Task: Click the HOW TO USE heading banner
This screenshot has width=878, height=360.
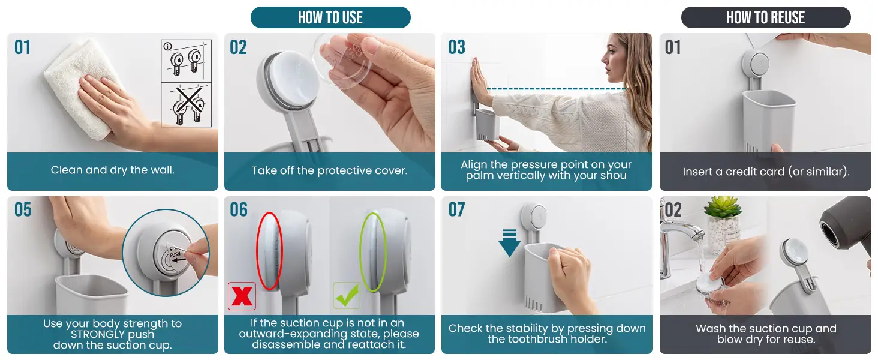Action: pyautogui.click(x=330, y=17)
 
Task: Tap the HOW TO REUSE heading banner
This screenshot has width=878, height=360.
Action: pyautogui.click(x=765, y=17)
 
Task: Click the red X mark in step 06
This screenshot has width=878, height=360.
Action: pyautogui.click(x=242, y=296)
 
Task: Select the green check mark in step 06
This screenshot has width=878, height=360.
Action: pyautogui.click(x=347, y=295)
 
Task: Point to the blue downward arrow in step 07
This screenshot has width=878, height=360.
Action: pyautogui.click(x=510, y=243)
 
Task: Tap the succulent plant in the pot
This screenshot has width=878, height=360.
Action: pyautogui.click(x=723, y=207)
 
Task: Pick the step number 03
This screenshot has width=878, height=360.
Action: pyautogui.click(x=456, y=47)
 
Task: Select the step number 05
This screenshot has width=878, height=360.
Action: pyautogui.click(x=23, y=210)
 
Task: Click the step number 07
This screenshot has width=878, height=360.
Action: pyautogui.click(x=456, y=210)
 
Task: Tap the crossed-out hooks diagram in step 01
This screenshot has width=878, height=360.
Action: pyautogui.click(x=187, y=105)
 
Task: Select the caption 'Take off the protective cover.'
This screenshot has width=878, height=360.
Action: pyautogui.click(x=330, y=170)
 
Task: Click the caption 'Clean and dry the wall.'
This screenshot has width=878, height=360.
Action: pyautogui.click(x=113, y=170)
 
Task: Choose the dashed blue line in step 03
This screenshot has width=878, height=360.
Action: pyautogui.click(x=556, y=89)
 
